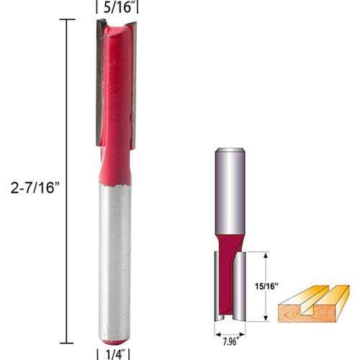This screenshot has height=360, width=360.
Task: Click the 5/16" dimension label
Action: coord(114,7)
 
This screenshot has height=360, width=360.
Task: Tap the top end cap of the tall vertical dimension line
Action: coord(68,19)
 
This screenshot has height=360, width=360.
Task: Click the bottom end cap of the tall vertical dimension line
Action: coord(68,341)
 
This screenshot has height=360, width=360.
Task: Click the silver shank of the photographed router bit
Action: coord(114,259)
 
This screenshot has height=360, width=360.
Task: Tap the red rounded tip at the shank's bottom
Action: coord(114,336)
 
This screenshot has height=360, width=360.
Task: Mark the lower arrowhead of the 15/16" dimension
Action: coord(267,319)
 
